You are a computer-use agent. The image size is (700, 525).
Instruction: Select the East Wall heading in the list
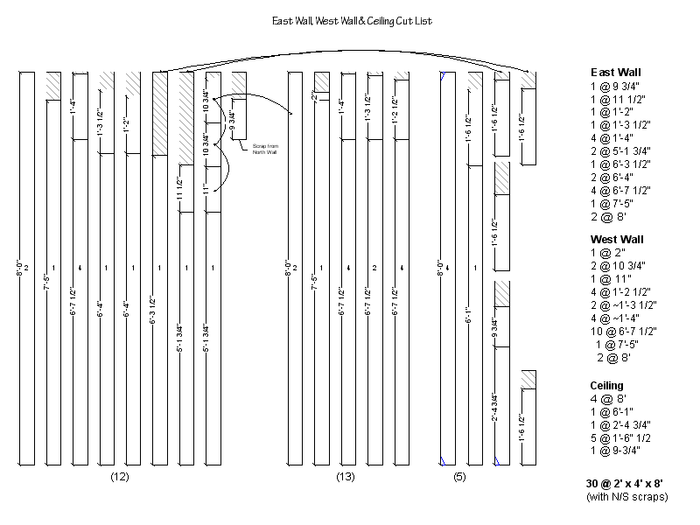tap(616, 73)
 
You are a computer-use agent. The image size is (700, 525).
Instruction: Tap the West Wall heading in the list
tap(617, 239)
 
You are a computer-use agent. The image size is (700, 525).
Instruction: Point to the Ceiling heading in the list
tap(606, 385)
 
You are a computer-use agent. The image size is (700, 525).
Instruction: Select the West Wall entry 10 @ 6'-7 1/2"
tap(625, 331)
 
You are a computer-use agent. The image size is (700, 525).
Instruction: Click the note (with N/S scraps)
tap(626, 497)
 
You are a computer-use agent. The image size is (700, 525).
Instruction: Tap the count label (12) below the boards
tap(120, 477)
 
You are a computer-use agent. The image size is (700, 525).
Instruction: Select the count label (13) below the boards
tap(345, 477)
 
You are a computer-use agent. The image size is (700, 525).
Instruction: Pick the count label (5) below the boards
tap(459, 477)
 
